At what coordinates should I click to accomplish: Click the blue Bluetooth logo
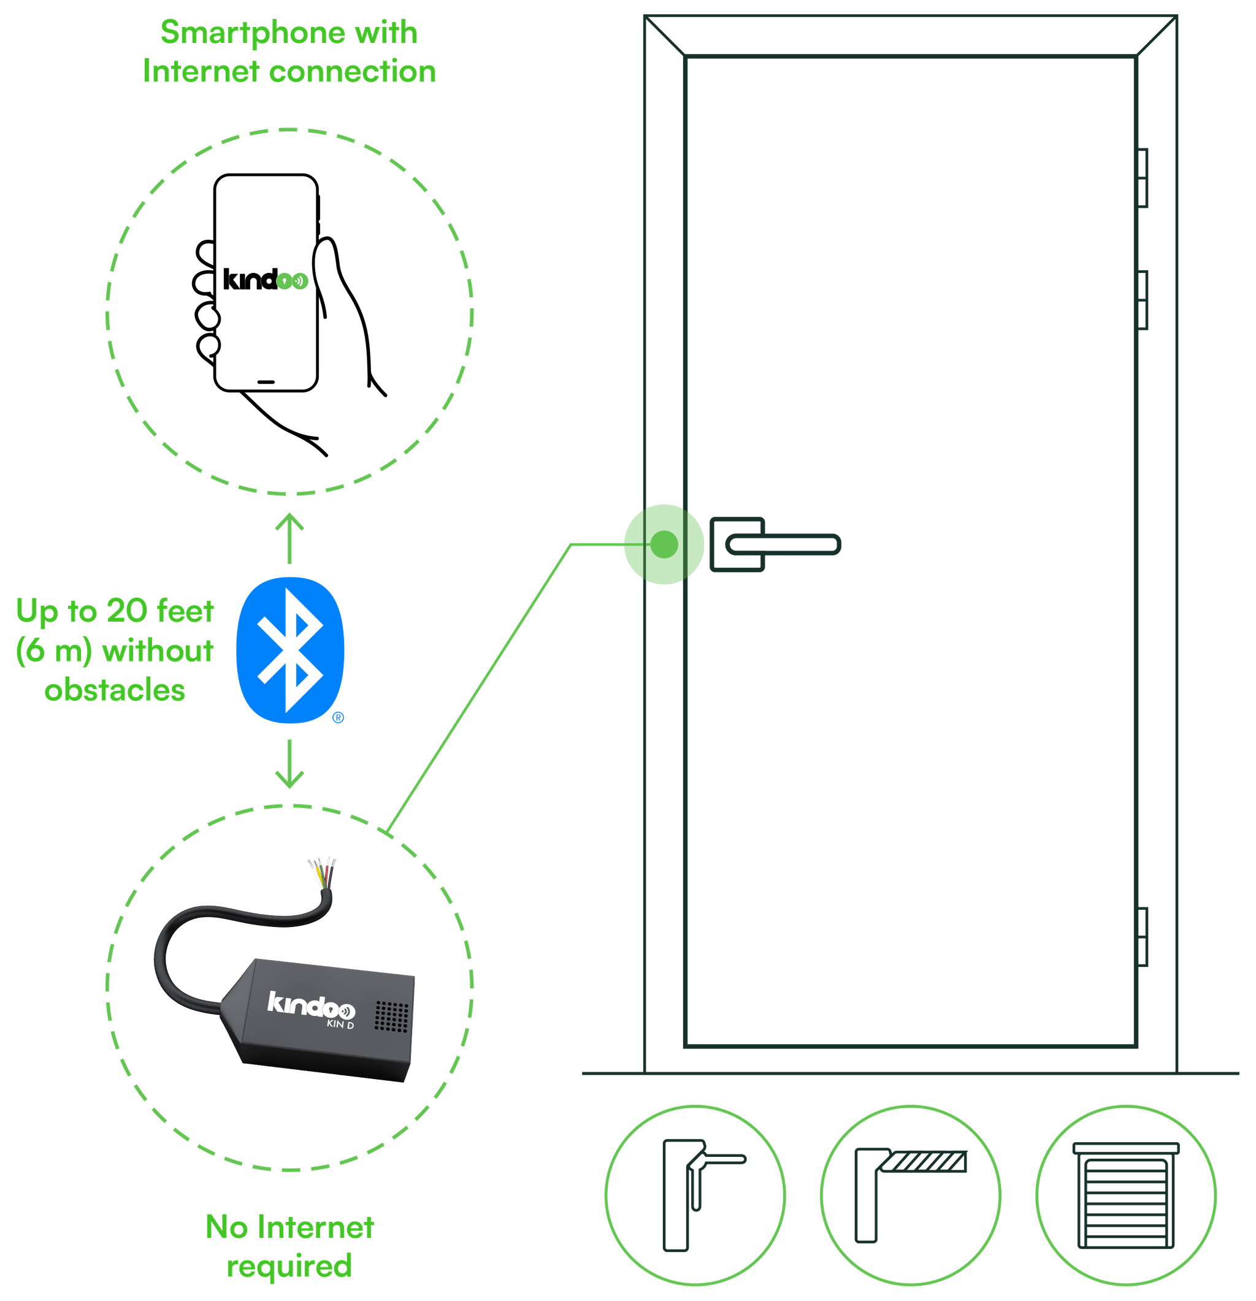[290, 650]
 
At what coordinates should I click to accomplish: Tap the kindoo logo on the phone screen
[265, 280]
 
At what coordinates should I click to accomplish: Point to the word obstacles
[115, 690]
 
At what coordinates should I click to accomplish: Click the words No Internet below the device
[289, 1227]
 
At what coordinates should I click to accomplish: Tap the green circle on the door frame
[663, 544]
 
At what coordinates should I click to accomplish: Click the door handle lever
[783, 546]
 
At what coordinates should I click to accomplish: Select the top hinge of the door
[1143, 178]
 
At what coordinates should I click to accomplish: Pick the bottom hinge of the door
[1143, 937]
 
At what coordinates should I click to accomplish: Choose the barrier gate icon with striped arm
[910, 1196]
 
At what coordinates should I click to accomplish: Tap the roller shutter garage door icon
[1126, 1196]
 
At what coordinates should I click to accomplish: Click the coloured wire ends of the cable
[321, 871]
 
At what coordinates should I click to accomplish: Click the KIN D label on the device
[340, 1024]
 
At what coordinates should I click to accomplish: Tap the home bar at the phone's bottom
[266, 383]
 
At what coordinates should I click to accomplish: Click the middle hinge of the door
[1143, 300]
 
